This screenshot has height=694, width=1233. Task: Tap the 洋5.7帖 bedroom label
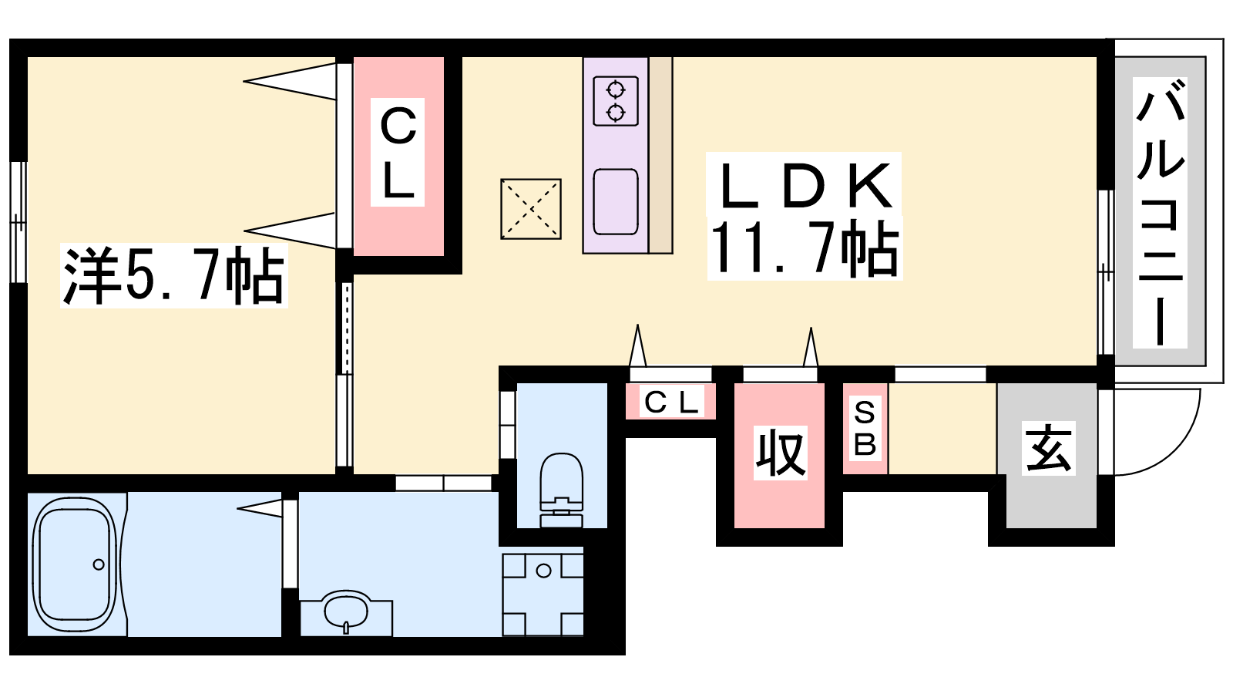tap(174, 275)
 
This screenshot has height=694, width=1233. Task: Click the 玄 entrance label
tap(1049, 448)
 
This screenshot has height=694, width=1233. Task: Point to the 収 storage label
tap(780, 452)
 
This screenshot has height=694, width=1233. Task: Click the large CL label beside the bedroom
tap(398, 152)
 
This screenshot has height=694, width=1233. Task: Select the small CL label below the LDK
tap(671, 403)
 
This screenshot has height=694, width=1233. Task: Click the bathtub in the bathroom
tap(75, 564)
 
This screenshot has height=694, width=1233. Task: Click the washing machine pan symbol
tap(543, 595)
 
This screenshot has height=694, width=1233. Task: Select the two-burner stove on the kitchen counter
tap(616, 101)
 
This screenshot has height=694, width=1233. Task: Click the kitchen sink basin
tap(616, 201)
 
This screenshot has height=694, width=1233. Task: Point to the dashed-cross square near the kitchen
tap(531, 209)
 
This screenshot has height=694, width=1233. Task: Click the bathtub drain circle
tap(99, 564)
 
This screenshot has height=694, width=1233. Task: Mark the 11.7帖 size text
tap(805, 248)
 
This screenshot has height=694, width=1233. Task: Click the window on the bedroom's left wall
tap(18, 222)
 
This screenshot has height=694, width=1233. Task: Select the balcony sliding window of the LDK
tap(1105, 272)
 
